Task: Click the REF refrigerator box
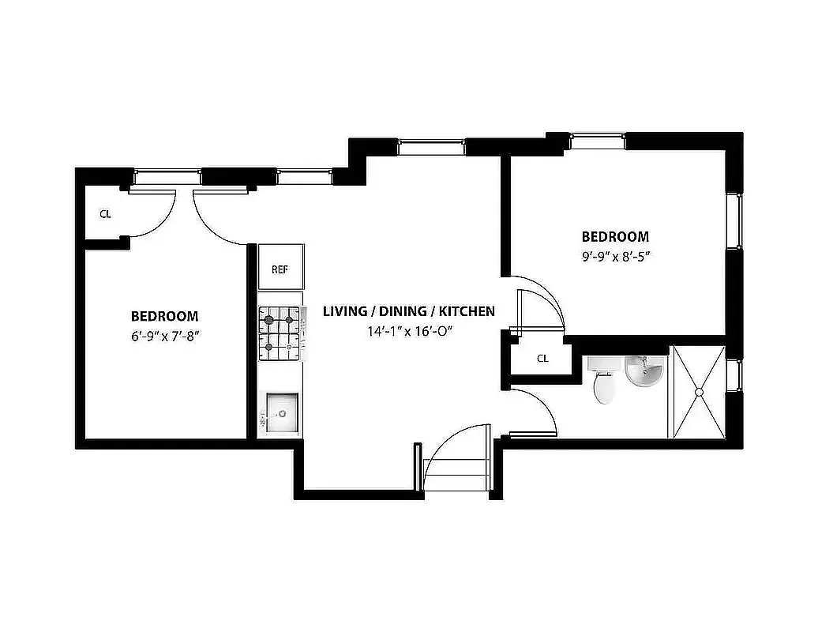[x=280, y=269]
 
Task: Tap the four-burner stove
[x=280, y=333]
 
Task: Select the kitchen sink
[x=282, y=412]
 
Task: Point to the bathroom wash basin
[x=644, y=372]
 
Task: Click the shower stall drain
[x=698, y=392]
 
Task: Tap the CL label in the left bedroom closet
[x=105, y=214]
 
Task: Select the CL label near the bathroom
[x=542, y=359]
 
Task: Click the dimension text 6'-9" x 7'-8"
[x=164, y=335]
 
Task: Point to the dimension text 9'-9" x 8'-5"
[x=615, y=256]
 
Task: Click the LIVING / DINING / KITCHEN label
[x=408, y=311]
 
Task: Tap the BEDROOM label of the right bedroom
[x=615, y=236]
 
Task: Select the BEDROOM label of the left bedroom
[x=164, y=316]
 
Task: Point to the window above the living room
[x=431, y=146]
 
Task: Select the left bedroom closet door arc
[x=153, y=213]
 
